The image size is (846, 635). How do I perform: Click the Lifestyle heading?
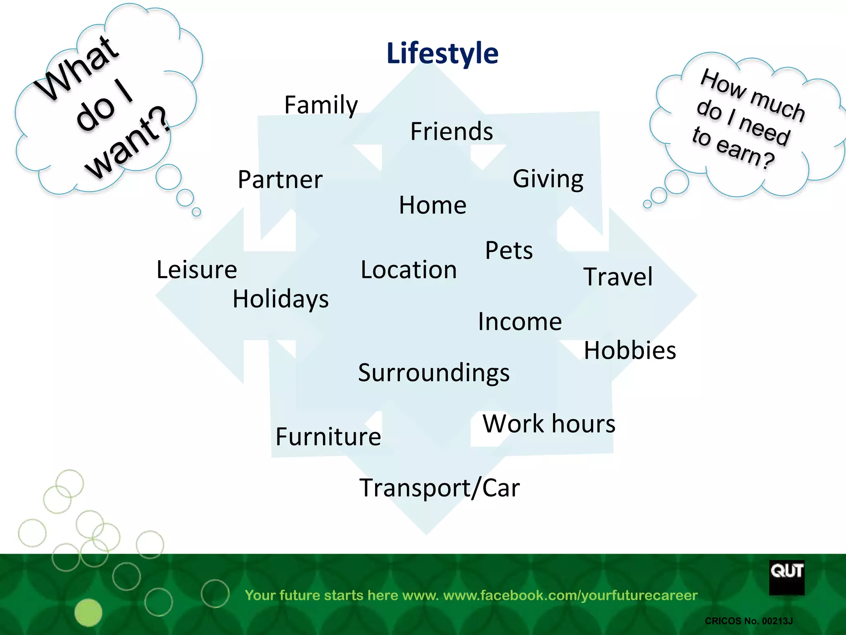coord(442,53)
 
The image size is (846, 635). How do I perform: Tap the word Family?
coord(321,105)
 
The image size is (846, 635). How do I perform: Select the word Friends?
coord(452,131)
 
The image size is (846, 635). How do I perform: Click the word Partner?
coord(280,180)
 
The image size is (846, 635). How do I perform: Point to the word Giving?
coord(548,179)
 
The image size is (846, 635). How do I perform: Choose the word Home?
coord(433,205)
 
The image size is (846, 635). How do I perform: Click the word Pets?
coord(509,251)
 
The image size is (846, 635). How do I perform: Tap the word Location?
coord(409,270)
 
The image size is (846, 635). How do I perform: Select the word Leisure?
coord(197,270)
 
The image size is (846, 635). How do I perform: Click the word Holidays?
coord(280,299)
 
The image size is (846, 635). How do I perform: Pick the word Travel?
coord(618,277)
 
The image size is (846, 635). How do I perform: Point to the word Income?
coord(520,322)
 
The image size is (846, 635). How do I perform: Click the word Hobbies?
coord(630,351)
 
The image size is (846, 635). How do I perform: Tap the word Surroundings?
coord(434,373)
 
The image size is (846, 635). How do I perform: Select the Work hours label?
coord(549,424)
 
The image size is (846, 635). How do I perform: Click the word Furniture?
coord(328,437)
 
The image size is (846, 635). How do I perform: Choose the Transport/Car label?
coord(440,488)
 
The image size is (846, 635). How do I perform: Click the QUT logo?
coord(787,577)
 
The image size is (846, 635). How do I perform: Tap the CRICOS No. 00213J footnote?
coord(749,621)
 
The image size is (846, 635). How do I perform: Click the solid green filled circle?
coord(88,612)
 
